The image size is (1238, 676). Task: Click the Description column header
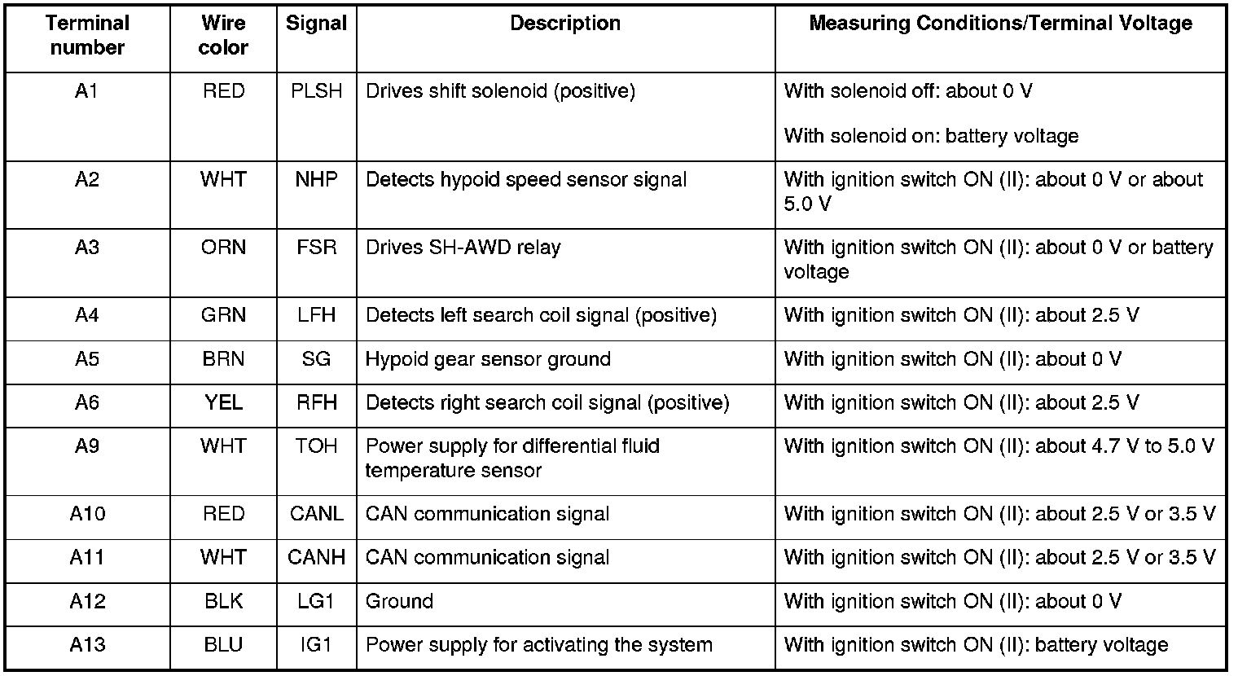click(x=565, y=24)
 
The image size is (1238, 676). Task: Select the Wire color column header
click(x=223, y=36)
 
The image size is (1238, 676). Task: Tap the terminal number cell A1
click(x=86, y=91)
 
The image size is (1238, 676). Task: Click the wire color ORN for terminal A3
click(x=223, y=248)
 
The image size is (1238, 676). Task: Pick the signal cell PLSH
click(x=316, y=91)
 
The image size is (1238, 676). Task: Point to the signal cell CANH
click(x=316, y=558)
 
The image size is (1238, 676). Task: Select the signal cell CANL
click(x=316, y=514)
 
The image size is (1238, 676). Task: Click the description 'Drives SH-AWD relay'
click(x=463, y=248)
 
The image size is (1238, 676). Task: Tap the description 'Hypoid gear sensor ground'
click(x=488, y=359)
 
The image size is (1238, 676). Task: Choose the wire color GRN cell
click(x=223, y=315)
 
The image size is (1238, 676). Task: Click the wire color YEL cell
click(x=223, y=403)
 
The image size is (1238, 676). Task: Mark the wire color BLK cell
click(x=223, y=602)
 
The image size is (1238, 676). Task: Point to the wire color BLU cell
click(x=223, y=646)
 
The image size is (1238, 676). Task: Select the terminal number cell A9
click(x=86, y=446)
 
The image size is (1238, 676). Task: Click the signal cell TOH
click(x=316, y=446)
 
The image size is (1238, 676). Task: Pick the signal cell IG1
click(x=316, y=646)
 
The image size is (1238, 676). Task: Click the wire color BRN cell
click(x=223, y=359)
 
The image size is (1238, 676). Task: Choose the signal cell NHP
click(x=316, y=180)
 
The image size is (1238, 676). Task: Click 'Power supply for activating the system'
click(x=538, y=646)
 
